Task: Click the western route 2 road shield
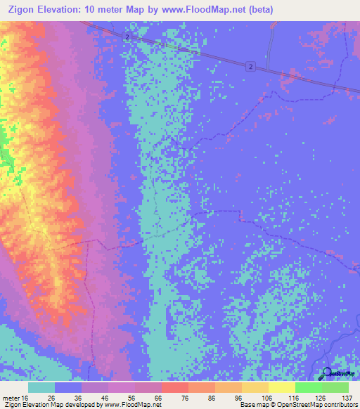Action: tap(126, 37)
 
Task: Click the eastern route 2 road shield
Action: tap(250, 66)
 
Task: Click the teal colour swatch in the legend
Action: tap(41, 387)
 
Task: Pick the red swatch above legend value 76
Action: tap(174, 387)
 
